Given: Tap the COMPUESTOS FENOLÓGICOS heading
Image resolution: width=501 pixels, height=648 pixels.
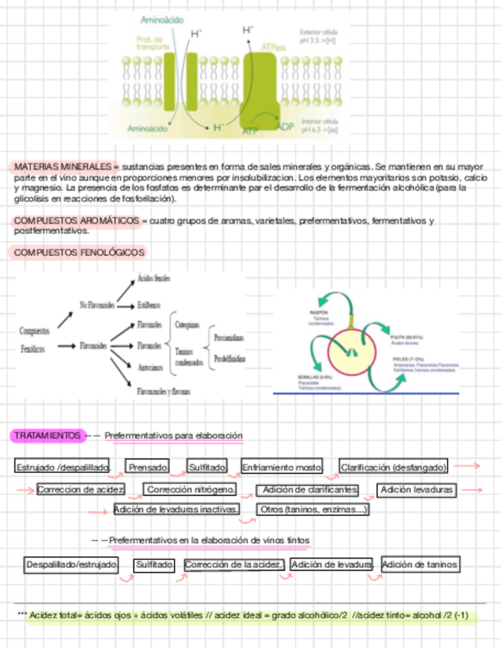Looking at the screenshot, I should point(79,252).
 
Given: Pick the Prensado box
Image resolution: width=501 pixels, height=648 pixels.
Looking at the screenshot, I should point(148,466).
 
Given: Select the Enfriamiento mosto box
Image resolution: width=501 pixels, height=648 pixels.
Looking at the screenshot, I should point(282,466).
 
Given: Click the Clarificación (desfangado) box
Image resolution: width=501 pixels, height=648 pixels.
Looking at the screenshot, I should point(393,466).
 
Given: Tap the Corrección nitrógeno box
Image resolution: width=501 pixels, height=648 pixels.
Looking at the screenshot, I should point(190,489).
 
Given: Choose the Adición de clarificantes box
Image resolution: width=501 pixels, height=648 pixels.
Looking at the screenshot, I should point(309,489).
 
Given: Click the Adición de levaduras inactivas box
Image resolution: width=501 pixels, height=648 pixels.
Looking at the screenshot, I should point(176,509).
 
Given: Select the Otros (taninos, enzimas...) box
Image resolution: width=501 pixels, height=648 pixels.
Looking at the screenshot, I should point(313,509).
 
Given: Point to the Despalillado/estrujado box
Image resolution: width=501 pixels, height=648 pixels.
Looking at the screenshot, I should point(72,565).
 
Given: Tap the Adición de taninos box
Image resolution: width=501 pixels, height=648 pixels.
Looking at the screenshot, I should point(421,565).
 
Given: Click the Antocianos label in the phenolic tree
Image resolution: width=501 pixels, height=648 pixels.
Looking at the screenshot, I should point(150,367).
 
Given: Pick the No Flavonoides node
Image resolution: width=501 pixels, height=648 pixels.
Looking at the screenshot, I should point(98,305).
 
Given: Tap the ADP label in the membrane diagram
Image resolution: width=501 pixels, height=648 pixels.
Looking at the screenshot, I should point(286,126).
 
